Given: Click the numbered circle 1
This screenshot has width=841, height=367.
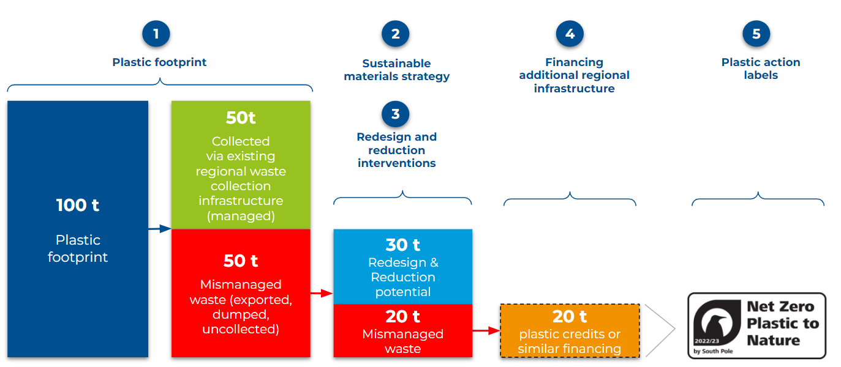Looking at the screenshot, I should [x=156, y=34].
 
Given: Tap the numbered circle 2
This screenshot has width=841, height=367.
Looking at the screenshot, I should [x=395, y=34].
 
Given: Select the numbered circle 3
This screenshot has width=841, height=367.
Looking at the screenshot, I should [x=395, y=114].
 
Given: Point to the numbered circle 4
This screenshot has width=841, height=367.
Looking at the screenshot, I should [x=570, y=34].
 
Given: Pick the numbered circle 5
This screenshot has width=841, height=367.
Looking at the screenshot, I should [x=756, y=34].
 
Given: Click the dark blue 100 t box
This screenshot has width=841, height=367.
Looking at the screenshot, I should [x=78, y=229].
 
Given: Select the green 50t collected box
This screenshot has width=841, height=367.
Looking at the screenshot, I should [x=241, y=165].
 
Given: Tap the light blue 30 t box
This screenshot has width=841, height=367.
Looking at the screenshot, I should [x=402, y=267].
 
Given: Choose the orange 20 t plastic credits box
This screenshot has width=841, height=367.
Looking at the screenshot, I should [x=570, y=331].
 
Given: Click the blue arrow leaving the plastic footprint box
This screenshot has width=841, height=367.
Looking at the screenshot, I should [x=160, y=229].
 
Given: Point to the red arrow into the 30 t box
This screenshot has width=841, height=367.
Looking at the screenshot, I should [x=321, y=294].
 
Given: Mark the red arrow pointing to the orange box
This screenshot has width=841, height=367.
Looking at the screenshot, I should [x=486, y=331].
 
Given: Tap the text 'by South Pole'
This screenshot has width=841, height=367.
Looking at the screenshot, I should [x=713, y=351].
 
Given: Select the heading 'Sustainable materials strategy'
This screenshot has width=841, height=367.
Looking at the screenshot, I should [x=396, y=70].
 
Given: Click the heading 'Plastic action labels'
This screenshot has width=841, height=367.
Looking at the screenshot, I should [x=760, y=69].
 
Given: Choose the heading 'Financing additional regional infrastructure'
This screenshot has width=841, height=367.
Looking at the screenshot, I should [x=574, y=75].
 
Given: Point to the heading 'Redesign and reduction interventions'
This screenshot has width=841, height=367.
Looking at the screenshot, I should [x=396, y=150].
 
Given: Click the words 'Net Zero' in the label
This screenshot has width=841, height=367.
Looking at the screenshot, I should [x=780, y=307].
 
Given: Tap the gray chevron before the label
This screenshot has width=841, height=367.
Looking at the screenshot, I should [x=662, y=329].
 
